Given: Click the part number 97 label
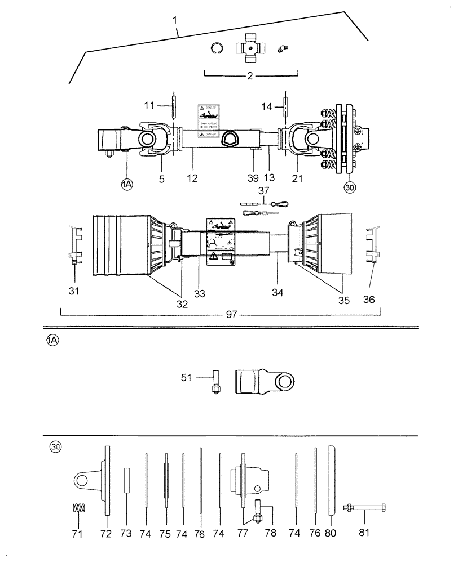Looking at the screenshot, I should [x=231, y=314].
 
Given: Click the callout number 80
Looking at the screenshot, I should [x=332, y=533].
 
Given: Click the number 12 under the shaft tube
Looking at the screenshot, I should [x=195, y=178].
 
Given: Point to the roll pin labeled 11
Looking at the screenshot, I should [x=174, y=106].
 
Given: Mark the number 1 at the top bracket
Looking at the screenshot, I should [x=175, y=20].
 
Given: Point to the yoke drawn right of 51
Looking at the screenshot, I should [x=266, y=382].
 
